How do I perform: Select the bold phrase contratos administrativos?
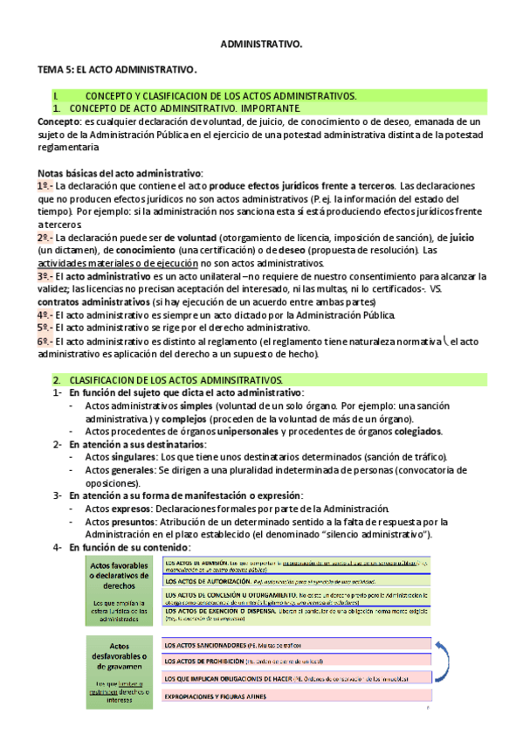coord(91,301)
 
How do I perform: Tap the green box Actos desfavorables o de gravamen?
coord(121,671)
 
